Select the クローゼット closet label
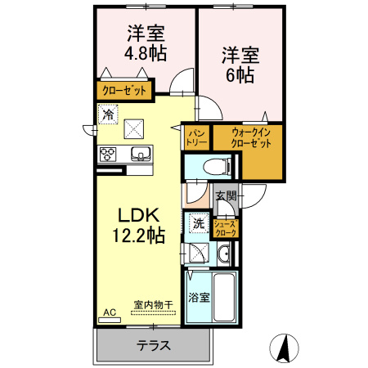(123, 91)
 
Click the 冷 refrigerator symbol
(107, 115)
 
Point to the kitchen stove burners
(109, 154)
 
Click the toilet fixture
(214, 165)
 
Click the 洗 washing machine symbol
(198, 222)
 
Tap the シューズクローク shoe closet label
(225, 228)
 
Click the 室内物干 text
(154, 304)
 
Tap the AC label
(110, 312)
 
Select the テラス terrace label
(153, 345)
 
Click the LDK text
(138, 216)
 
